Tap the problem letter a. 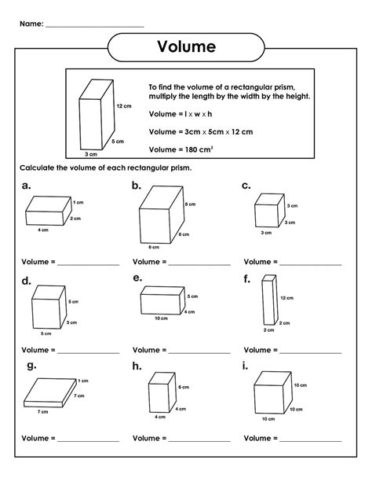[x=27, y=186]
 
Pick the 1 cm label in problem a [x=78, y=203]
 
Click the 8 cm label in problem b [x=190, y=204]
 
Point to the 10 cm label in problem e [x=161, y=318]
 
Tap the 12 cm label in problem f [x=287, y=297]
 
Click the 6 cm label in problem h [x=184, y=388]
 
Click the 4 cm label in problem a [x=43, y=230]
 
